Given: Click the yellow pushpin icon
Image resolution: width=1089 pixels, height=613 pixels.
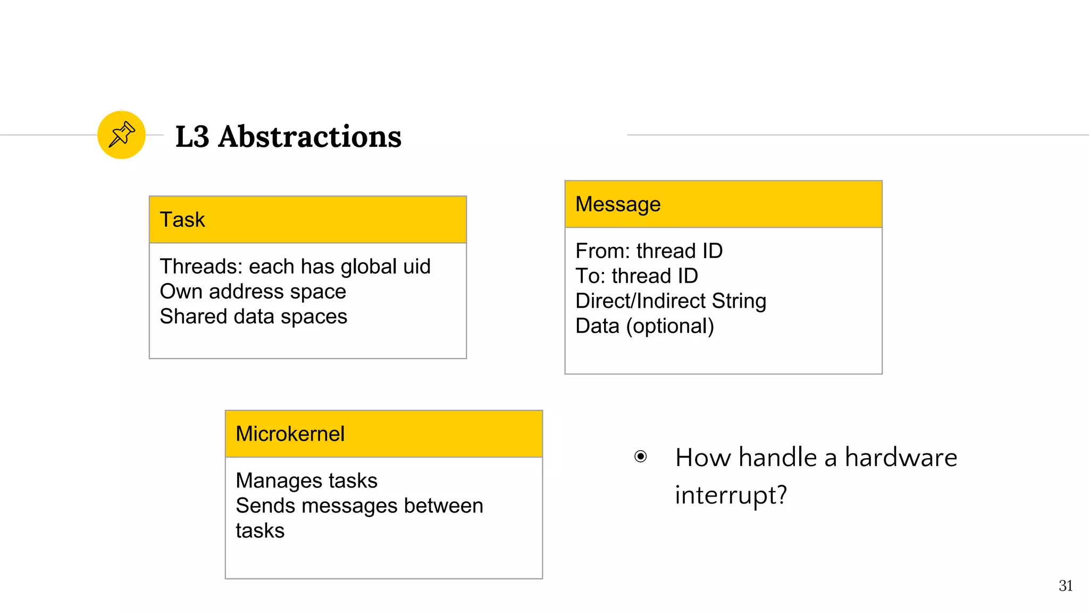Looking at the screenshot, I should point(121,135).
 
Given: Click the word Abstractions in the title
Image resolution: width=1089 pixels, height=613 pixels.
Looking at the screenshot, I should point(309,137).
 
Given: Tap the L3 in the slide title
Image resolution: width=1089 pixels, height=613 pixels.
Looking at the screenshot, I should point(192,137).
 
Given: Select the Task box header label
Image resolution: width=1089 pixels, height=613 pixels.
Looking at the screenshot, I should point(182,220).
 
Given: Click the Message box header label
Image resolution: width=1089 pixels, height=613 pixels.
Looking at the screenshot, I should point(618,204).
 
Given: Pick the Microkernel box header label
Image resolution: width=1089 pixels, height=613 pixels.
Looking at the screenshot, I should point(290,434).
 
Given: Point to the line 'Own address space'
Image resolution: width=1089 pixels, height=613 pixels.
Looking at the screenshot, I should point(253,292).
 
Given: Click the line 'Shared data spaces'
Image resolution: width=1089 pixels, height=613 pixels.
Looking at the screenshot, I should point(253,317).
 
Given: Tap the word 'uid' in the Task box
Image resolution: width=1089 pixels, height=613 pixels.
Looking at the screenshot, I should point(416,267).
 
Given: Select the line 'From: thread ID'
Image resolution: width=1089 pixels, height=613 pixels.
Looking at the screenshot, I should point(649,251).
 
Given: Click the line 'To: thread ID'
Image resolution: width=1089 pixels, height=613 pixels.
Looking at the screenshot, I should point(636,276).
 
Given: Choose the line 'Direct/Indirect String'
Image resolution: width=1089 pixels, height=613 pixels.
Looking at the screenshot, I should point(671,301).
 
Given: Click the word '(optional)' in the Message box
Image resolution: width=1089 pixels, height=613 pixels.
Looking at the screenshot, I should point(670,326).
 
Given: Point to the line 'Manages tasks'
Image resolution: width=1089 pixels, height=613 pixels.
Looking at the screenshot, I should point(306,481).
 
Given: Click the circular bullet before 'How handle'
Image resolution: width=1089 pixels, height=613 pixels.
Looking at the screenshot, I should point(641,457).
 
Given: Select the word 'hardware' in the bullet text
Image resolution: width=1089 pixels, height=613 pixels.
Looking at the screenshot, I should point(901,458).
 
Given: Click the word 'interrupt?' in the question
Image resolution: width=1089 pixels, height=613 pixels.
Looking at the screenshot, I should point(731,495).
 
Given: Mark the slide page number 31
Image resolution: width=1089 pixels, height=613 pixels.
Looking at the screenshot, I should point(1065,586).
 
